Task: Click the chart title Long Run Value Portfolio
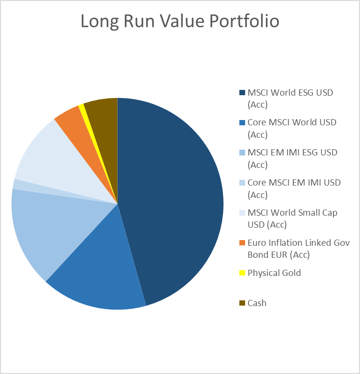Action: pos(180,22)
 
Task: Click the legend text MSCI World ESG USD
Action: pos(290,93)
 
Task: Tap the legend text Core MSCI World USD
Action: pos(292,122)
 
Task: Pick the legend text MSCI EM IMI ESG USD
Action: pos(292,153)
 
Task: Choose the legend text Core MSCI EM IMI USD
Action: pos(292,182)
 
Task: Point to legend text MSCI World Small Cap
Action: pos(292,212)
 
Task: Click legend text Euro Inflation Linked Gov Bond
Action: pos(298,243)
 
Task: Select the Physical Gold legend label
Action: pos(274,273)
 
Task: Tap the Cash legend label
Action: pos(257,303)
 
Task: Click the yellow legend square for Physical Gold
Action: pos(242,273)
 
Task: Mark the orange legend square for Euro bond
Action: pos(242,243)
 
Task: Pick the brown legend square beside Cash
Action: pos(242,303)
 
